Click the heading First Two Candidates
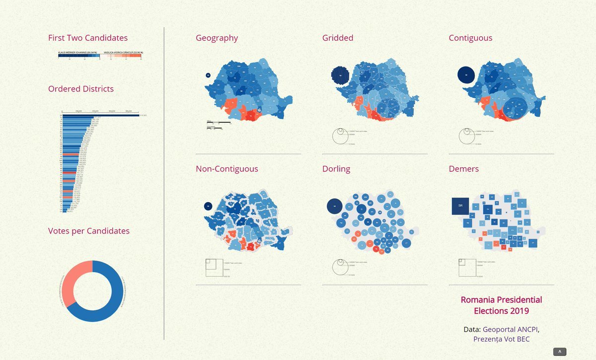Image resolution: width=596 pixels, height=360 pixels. pyautogui.click(x=87, y=38)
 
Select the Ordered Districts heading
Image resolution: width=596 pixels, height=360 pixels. pyautogui.click(x=80, y=89)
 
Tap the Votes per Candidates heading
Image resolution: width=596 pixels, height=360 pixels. pyautogui.click(x=88, y=231)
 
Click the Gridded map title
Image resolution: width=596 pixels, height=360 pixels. pyautogui.click(x=338, y=38)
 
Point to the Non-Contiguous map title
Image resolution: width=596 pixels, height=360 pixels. pyautogui.click(x=226, y=169)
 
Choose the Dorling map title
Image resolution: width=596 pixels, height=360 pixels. pyautogui.click(x=336, y=169)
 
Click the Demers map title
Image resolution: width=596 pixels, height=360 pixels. pyautogui.click(x=463, y=169)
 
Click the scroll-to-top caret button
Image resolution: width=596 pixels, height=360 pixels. pyautogui.click(x=560, y=352)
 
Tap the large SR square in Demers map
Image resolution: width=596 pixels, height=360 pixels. pyautogui.click(x=460, y=206)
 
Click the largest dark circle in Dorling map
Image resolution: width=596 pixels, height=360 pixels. pyautogui.click(x=335, y=206)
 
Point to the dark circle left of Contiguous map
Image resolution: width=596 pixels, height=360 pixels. pyautogui.click(x=466, y=75)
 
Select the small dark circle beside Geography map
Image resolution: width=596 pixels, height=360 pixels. pyautogui.click(x=208, y=75)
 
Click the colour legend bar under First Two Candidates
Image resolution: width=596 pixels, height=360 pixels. pyautogui.click(x=100, y=57)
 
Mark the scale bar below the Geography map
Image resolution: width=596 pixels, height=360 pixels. pyautogui.click(x=219, y=122)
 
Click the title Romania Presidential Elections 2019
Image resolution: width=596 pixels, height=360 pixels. pyautogui.click(x=501, y=305)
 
